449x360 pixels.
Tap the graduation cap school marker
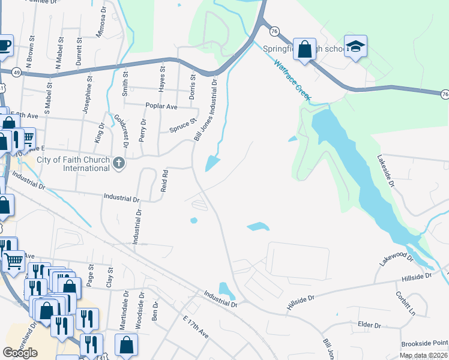click(x=355, y=47)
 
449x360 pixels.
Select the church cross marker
click(x=119, y=163)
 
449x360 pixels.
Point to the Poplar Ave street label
click(x=161, y=106)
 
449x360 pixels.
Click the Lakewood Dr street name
click(x=397, y=259)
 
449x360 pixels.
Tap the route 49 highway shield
click(x=16, y=71)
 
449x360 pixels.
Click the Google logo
click(x=20, y=353)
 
